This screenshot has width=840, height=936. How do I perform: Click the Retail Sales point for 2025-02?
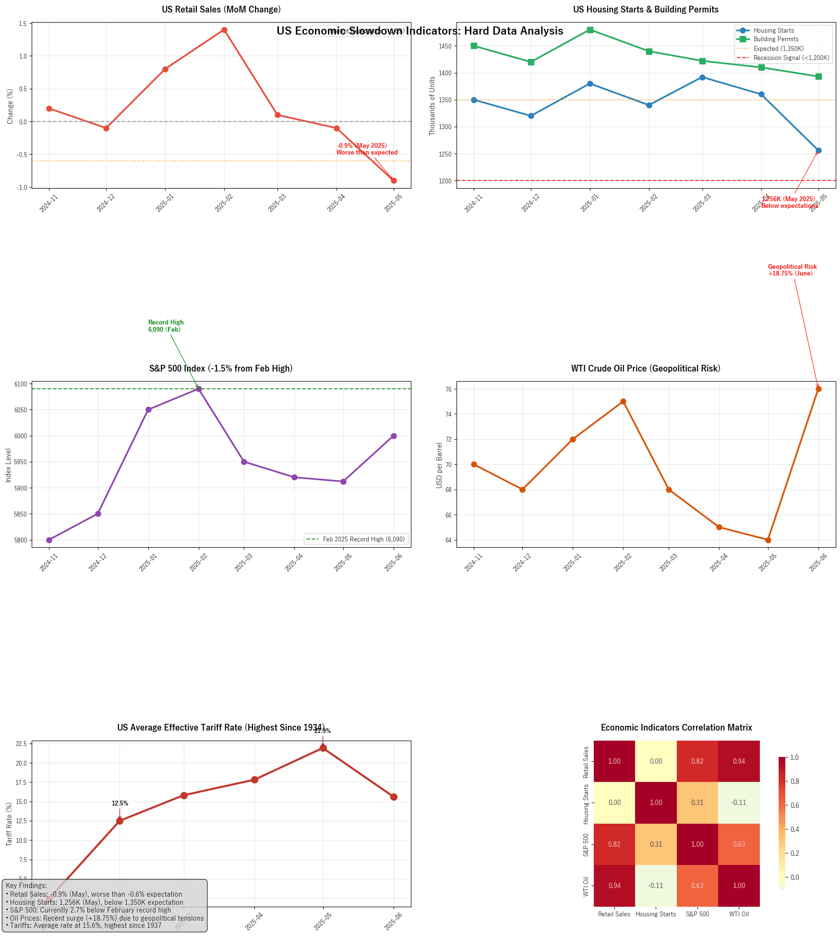click(224, 30)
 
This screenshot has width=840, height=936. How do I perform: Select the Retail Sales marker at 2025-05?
click(394, 180)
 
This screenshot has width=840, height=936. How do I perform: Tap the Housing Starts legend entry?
click(773, 30)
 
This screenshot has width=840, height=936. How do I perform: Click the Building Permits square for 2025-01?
click(590, 30)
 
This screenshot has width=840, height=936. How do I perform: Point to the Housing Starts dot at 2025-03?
click(702, 77)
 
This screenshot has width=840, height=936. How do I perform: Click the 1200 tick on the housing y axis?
click(445, 181)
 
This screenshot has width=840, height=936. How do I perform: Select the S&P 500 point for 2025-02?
click(199, 389)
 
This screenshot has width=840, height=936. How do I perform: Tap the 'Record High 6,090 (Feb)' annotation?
click(166, 326)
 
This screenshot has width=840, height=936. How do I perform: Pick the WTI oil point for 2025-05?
click(768, 540)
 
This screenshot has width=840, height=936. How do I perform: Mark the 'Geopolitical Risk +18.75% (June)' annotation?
click(792, 270)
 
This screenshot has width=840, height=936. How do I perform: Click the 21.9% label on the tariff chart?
click(323, 731)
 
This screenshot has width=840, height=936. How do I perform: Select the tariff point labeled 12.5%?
click(120, 821)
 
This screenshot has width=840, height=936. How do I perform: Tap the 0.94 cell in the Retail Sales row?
click(739, 761)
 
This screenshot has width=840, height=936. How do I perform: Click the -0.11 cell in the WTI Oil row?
click(656, 886)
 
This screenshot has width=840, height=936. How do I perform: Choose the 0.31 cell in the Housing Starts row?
click(697, 803)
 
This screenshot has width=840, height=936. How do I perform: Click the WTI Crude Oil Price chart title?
click(646, 368)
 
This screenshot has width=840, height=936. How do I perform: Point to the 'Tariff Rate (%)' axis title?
click(9, 824)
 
